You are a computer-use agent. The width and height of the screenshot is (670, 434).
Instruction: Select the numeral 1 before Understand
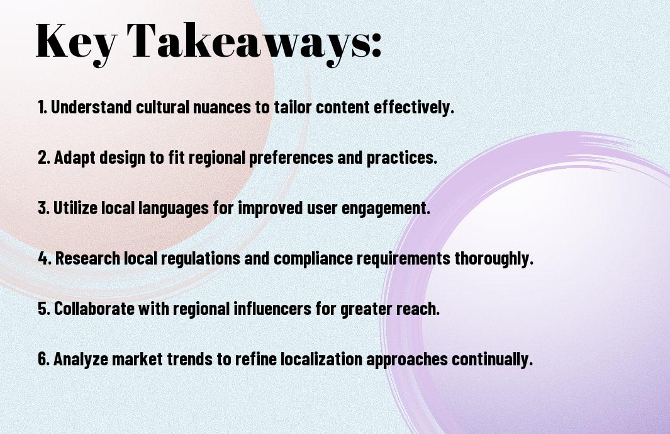coord(41,107)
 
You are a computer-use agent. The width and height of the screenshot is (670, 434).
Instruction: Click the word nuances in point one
coord(222,107)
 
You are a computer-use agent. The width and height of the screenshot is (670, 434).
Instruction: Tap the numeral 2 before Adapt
coord(43,157)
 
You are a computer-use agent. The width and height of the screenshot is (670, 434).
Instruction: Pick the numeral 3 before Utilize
coord(43,208)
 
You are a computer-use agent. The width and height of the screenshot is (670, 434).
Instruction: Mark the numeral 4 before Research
coord(43,258)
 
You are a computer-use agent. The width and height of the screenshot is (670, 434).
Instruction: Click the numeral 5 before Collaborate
coord(43,309)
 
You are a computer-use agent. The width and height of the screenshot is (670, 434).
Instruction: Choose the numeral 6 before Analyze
coord(43,358)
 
